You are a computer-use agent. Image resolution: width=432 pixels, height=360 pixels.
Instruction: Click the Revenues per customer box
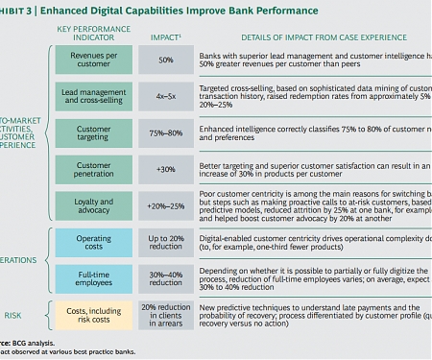coord(93,60)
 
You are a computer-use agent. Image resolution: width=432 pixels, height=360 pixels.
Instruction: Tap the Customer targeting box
coord(93,134)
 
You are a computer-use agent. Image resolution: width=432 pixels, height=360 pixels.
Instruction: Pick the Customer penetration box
coord(93,172)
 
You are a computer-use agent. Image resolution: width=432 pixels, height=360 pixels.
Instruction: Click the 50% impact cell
coord(165,60)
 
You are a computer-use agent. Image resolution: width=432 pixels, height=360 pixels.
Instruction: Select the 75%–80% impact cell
coord(165,134)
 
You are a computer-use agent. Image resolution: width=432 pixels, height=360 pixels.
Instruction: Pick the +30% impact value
coord(165,172)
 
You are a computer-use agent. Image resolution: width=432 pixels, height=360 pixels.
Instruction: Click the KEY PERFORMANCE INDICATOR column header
coord(93,33)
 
